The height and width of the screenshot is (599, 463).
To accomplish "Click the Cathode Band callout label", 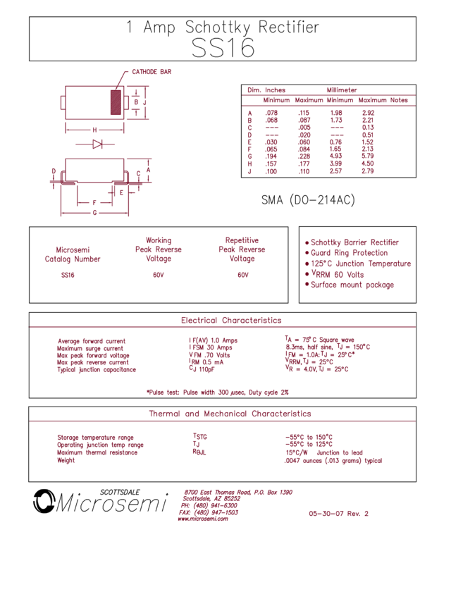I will [152, 72].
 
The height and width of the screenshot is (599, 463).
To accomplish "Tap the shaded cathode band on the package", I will [116, 102].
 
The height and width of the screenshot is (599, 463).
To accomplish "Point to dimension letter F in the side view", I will [93, 203].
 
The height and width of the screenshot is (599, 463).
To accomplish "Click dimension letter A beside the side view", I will [149, 170].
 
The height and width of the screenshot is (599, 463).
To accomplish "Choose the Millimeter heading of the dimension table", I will [342, 90].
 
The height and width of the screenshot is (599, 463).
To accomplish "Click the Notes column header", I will [399, 100].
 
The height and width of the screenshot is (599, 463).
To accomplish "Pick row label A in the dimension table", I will [249, 113].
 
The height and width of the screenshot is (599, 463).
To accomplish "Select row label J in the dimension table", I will [249, 171].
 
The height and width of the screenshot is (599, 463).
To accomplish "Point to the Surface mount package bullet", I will [351, 285].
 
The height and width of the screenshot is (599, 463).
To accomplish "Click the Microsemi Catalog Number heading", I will [73, 254].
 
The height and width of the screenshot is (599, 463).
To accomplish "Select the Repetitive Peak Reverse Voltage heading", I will [242, 249].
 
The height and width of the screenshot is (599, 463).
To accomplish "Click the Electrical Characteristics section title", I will [231, 320].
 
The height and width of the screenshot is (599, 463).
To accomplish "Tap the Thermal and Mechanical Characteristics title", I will [230, 414].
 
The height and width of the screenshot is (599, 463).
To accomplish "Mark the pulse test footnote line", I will [218, 391].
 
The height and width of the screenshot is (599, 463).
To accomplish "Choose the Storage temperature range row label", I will [95, 438].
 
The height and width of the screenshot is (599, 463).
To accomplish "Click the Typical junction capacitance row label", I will [97, 369].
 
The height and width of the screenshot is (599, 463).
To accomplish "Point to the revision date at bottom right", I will [338, 514].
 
